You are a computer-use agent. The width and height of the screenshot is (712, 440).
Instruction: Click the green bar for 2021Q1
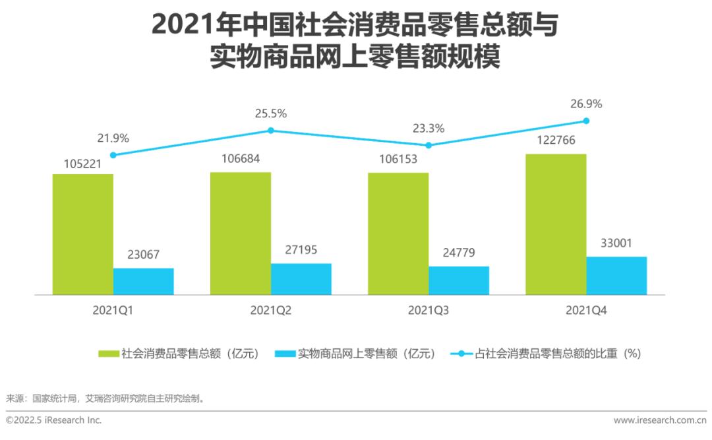(x=83, y=234)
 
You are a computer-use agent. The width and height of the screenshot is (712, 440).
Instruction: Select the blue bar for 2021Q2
(x=301, y=279)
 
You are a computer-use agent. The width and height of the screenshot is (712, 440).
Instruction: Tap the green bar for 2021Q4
(x=556, y=224)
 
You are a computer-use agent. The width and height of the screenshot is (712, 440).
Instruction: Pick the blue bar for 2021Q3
(x=459, y=280)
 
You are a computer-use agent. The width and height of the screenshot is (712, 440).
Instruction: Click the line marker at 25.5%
(x=271, y=131)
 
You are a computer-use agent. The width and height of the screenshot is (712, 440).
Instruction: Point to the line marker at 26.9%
(x=586, y=121)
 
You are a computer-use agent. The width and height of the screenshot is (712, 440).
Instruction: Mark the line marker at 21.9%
(x=113, y=155)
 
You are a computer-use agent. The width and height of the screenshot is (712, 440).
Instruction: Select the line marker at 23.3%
(x=429, y=145)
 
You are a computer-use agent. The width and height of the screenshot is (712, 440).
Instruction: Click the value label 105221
(x=83, y=164)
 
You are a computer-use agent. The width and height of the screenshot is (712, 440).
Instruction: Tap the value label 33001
(x=616, y=243)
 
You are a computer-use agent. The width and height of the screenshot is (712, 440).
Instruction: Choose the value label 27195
(x=301, y=251)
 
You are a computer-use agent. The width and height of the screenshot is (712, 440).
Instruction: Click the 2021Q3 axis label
(x=429, y=310)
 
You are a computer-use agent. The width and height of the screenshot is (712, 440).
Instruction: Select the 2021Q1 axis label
(x=113, y=310)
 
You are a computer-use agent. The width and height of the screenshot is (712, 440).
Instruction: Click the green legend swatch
(x=109, y=354)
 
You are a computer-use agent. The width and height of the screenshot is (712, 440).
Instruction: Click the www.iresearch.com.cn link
(x=660, y=420)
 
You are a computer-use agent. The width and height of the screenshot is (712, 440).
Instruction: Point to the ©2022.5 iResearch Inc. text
(x=53, y=420)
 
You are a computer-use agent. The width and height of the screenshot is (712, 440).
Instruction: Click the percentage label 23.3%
(x=429, y=128)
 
